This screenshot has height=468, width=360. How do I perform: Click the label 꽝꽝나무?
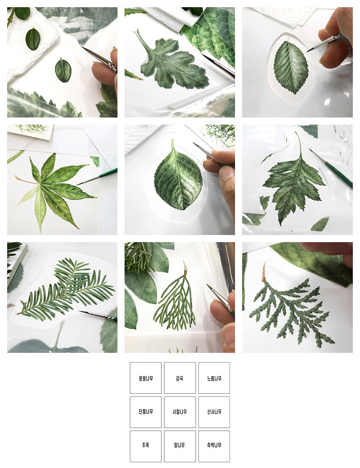[146, 379]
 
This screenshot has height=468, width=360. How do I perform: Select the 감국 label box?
[180, 379]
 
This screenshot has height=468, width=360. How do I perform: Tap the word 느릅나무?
[214, 379]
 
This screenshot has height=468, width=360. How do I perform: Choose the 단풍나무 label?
[146, 412]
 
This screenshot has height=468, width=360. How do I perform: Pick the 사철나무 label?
[180, 412]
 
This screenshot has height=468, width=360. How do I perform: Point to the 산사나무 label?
[214, 412]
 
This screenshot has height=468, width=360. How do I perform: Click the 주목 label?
[145, 445]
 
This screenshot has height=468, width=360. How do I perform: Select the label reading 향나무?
[180, 445]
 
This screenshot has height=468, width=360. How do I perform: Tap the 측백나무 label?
[214, 445]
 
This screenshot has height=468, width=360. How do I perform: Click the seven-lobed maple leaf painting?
[54, 191]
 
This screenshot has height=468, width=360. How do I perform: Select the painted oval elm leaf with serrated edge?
[291, 67]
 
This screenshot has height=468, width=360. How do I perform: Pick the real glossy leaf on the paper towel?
[33, 39]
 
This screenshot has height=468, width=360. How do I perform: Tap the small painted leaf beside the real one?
[63, 70]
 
